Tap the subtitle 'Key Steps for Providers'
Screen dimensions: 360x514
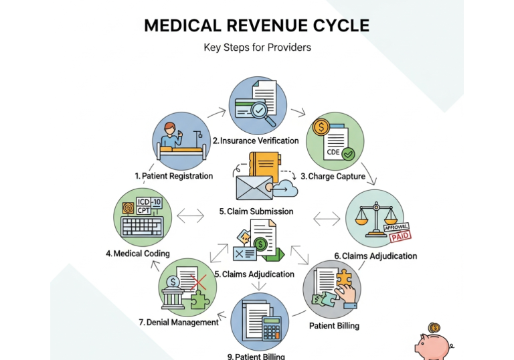click(x=257, y=48)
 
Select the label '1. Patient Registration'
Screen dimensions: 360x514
click(x=173, y=176)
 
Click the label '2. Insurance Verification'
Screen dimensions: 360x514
click(x=256, y=141)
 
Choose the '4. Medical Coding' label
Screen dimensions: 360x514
click(x=137, y=254)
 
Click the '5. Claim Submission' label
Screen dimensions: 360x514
click(x=256, y=211)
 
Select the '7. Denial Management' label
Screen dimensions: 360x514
click(x=179, y=322)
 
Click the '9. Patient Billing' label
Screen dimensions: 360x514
click(x=256, y=356)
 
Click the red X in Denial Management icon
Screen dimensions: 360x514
click(x=197, y=282)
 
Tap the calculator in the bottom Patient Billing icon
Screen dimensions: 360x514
click(x=270, y=328)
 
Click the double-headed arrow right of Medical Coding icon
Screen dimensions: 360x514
click(x=191, y=216)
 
